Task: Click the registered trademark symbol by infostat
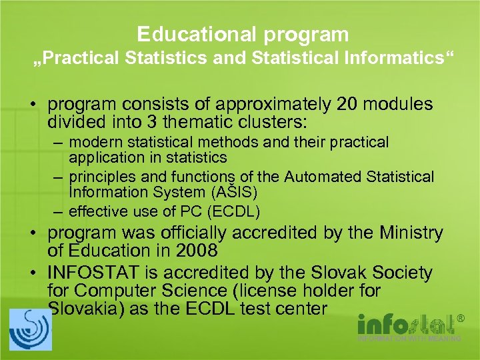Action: point(460,319)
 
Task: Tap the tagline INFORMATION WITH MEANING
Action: point(409,339)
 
